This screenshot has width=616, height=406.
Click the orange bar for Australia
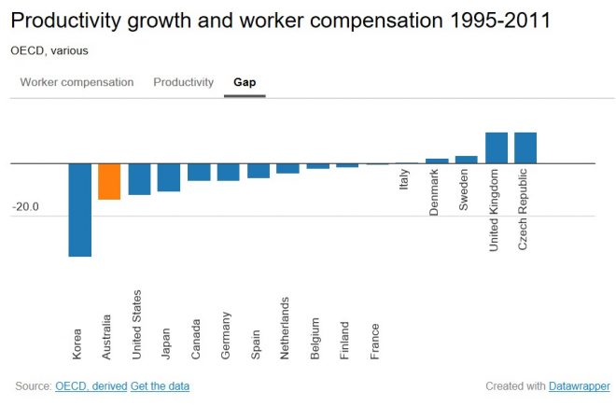pyautogui.click(x=109, y=181)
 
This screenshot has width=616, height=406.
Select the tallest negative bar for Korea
pyautogui.click(x=79, y=209)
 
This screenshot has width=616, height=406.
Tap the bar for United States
pyautogui.click(x=139, y=178)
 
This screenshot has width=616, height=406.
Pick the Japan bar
pyautogui.click(x=169, y=176)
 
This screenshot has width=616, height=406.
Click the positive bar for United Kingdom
pyautogui.click(x=496, y=147)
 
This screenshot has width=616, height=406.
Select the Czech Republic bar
pyautogui.click(x=525, y=147)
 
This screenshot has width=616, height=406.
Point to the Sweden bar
pyautogui.click(x=466, y=160)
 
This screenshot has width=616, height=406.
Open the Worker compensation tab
pyautogui.click(x=77, y=82)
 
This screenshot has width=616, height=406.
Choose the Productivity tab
pyautogui.click(x=184, y=82)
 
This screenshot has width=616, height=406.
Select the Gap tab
pyautogui.click(x=245, y=82)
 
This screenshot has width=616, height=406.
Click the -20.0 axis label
pyautogui.click(x=26, y=207)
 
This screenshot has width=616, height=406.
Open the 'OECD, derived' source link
pyautogui.click(x=91, y=385)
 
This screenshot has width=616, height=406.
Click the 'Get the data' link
pyautogui.click(x=160, y=385)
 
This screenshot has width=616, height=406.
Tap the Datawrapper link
pyautogui.click(x=580, y=385)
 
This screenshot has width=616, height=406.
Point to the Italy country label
pyautogui.click(x=404, y=178)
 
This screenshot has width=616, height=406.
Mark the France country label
pyautogui.click(x=374, y=341)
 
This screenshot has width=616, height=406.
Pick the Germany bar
pyautogui.click(x=229, y=171)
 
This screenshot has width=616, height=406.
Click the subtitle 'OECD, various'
pyautogui.click(x=50, y=50)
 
